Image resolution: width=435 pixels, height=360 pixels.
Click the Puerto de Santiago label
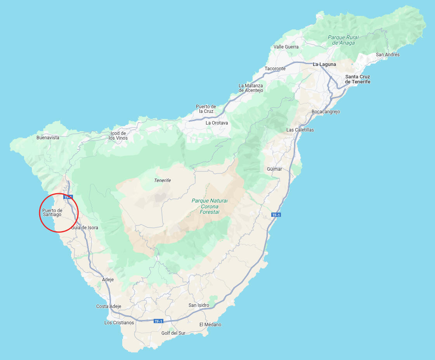tap(52, 213)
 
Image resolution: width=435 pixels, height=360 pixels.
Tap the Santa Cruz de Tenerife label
tap(357, 79)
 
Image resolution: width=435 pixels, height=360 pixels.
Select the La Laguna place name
tap(325, 64)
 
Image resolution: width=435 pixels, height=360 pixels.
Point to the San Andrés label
tap(388, 55)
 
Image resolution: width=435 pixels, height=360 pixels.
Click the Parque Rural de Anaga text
tap(343, 40)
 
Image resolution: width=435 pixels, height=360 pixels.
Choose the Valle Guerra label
tap(286, 47)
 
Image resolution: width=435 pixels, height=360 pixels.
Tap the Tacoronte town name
tap(275, 69)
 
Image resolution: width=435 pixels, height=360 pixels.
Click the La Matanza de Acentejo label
tap(251, 88)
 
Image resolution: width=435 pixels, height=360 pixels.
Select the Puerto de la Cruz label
tap(206, 109)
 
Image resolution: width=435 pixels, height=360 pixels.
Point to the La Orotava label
tap(217, 123)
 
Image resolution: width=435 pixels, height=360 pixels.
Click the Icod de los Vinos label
tap(118, 136)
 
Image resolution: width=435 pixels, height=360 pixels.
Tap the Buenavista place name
tap(48, 138)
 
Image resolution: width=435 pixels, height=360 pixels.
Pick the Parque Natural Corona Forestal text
tap(210, 206)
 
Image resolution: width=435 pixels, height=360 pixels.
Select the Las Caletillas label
tap(300, 130)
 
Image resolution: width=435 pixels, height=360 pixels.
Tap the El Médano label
tap(210, 325)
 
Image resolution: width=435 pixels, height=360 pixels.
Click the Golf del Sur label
tap(173, 333)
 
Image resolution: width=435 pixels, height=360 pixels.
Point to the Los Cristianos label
tap(119, 323)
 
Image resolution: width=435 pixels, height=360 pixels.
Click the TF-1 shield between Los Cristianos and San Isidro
tap(158, 321)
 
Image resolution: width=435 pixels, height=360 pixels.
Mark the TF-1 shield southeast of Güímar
tap(276, 215)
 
